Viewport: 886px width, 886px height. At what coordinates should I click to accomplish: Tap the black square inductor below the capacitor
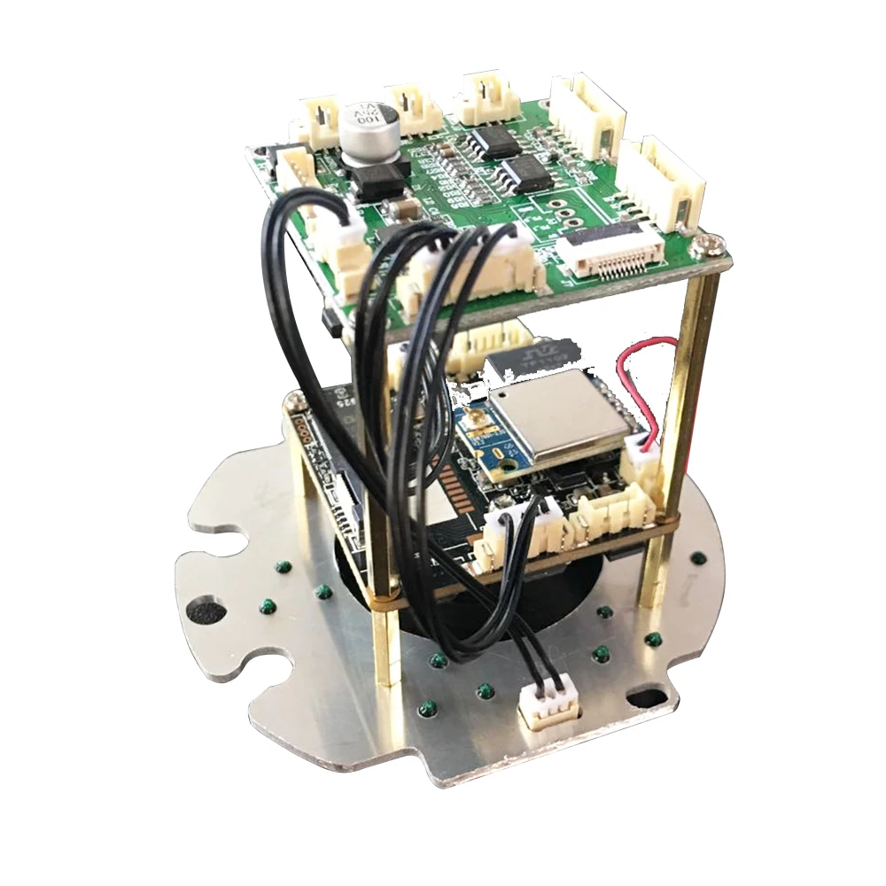(x=379, y=181)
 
